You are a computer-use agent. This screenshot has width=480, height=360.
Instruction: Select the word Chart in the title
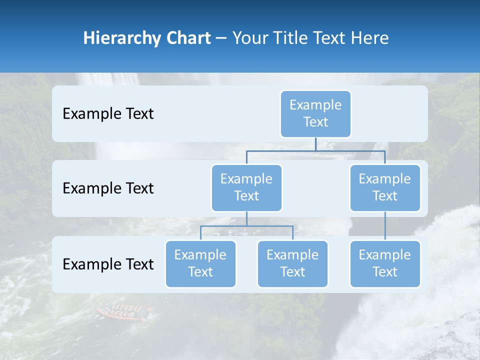coord(187,38)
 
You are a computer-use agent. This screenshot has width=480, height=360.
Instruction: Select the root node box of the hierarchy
coord(315,114)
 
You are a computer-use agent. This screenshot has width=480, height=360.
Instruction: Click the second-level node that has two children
coord(246,187)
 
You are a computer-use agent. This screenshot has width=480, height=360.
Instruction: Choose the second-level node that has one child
coord(385,187)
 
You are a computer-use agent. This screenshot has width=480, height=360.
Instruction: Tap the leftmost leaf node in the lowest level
coord(200,263)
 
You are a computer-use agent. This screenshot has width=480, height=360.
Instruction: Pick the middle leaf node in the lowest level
coord(292,263)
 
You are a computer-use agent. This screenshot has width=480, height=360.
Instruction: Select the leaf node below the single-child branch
coord(385,263)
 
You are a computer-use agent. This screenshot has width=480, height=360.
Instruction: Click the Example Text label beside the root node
coord(108,114)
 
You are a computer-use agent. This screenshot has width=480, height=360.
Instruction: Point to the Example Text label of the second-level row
coord(108,188)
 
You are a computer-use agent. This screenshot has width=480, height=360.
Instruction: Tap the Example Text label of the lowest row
coord(108,264)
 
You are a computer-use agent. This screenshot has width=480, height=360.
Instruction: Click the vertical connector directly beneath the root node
coord(315,144)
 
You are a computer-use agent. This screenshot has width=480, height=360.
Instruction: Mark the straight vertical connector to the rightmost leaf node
coord(385,226)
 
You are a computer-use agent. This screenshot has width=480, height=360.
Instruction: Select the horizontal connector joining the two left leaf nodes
coord(246,226)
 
